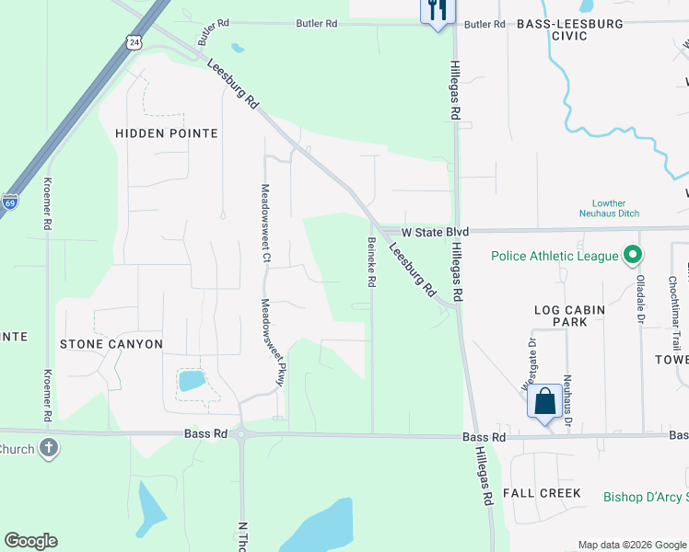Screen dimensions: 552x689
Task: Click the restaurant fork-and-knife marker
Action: tap(436, 11)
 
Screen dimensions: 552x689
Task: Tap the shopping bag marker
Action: tap(544, 401)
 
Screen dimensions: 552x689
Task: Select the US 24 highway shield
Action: tap(134, 42)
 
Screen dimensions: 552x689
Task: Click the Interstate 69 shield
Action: tap(9, 201)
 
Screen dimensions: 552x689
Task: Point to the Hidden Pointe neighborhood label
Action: tap(167, 133)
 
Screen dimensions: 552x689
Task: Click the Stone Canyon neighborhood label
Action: tap(111, 344)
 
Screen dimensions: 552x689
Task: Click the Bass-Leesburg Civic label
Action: tap(569, 29)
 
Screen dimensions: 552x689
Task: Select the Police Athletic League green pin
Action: tap(633, 255)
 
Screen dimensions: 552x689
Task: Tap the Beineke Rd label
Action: tap(372, 262)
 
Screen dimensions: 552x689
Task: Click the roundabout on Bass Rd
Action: tap(241, 434)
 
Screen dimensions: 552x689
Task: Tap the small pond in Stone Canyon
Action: tap(192, 380)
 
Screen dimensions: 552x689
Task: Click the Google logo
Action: tap(30, 541)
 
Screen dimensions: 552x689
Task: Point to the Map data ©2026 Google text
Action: tap(631, 545)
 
